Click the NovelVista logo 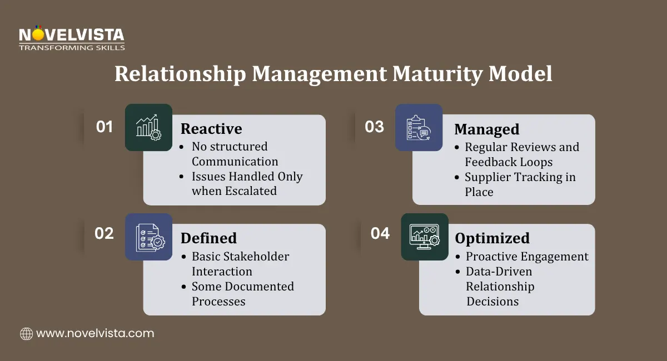72,38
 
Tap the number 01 104,127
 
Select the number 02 104,233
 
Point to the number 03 374,127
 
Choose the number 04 380,233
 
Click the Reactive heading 211,129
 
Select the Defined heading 208,238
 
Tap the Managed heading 487,129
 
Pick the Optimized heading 492,238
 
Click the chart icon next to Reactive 148,127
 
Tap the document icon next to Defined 148,237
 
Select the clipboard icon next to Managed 419,127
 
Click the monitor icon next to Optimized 425,237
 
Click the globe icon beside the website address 26,334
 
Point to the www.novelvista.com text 95,334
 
